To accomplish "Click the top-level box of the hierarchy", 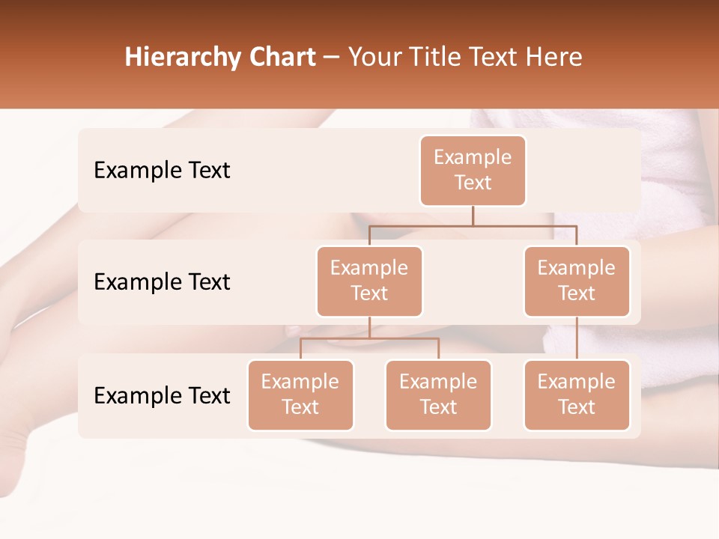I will coord(473,171).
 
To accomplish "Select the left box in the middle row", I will coord(369,281).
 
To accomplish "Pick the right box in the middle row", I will coord(577,281).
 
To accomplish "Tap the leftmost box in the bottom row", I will coord(300,395).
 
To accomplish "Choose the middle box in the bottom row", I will coord(438,395).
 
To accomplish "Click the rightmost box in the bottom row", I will coord(577,395).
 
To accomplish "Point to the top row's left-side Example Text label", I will coord(162,171).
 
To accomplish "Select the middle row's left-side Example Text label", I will coord(162,282).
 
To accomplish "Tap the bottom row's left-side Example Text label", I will coord(162,396).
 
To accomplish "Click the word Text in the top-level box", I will coord(473,183).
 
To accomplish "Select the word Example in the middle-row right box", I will coord(577,268).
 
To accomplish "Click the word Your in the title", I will coord(372,58).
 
